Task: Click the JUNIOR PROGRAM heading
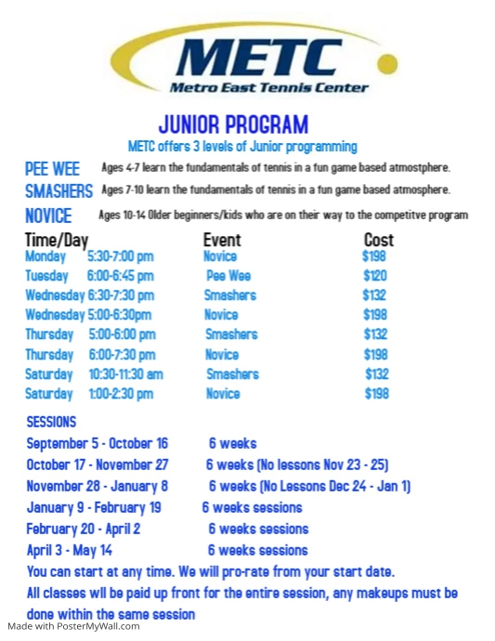point(233,124)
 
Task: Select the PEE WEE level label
point(52,169)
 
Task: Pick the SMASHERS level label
point(59,191)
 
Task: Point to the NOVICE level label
point(48,216)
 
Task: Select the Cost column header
point(378,240)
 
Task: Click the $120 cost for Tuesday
point(375,276)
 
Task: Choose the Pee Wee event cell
point(228,276)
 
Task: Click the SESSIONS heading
point(51,422)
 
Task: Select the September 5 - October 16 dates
point(98,443)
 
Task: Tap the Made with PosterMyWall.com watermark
point(73,626)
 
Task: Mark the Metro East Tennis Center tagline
point(268,88)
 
